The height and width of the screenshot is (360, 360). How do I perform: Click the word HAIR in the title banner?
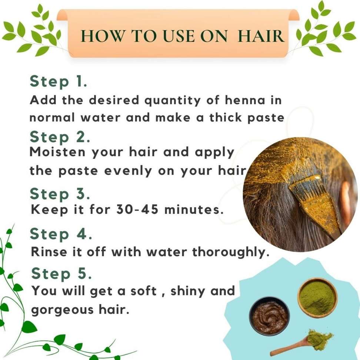coord(261,36)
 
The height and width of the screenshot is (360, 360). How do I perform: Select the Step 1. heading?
coord(59,81)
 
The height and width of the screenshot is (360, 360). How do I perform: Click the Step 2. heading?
coord(60,137)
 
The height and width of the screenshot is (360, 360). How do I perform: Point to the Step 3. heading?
coord(60,194)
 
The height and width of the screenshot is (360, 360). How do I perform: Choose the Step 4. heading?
coord(61,234)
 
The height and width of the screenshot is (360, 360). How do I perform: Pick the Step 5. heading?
coord(61,273)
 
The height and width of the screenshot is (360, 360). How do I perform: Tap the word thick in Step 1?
coord(226,117)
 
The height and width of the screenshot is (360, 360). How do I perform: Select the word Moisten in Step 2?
coord(57,152)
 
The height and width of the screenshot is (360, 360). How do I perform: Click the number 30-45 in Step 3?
coord(137,209)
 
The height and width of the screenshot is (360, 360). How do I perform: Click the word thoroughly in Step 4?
coord(230,252)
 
